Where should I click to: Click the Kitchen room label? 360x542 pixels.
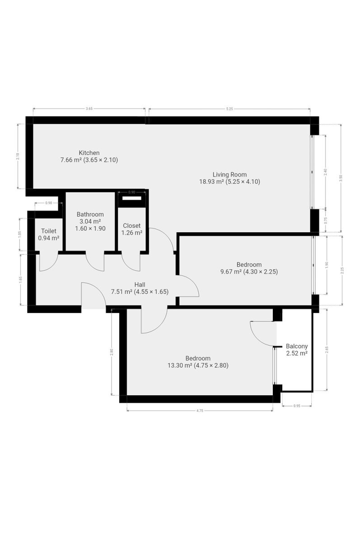click(x=89, y=153)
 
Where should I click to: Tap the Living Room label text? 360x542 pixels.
click(x=229, y=174)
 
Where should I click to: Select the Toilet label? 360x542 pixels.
click(x=49, y=231)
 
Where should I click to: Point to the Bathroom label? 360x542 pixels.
click(x=90, y=215)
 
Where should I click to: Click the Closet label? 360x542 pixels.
click(x=131, y=226)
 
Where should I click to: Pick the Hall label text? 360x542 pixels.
click(x=140, y=285)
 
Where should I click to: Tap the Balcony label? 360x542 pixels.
click(x=297, y=346)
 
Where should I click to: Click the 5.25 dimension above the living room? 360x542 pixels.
click(x=229, y=109)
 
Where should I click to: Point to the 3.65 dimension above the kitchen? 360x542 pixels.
click(x=89, y=109)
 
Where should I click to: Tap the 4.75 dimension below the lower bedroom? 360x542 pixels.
click(x=200, y=411)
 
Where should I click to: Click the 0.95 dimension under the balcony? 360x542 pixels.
click(x=297, y=406)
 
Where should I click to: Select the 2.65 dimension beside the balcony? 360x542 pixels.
click(x=327, y=350)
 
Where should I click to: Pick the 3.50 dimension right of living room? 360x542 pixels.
click(x=341, y=178)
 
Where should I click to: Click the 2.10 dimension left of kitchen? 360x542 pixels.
click(x=18, y=156)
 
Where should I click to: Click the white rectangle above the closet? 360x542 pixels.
click(x=131, y=198)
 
